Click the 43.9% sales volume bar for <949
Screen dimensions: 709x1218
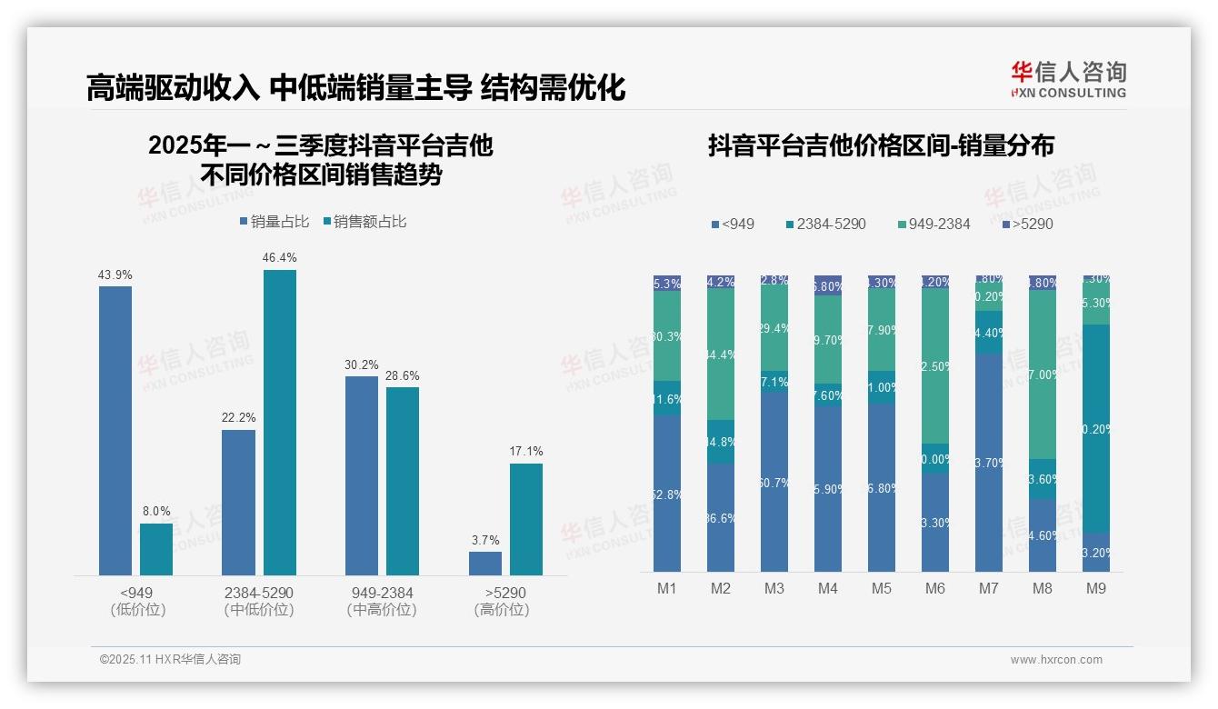(x=115, y=430)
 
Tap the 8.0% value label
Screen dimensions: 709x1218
(x=156, y=512)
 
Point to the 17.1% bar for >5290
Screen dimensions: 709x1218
(x=526, y=519)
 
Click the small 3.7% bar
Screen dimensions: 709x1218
(x=485, y=564)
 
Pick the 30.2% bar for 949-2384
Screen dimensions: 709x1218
(x=362, y=475)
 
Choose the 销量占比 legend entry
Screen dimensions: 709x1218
(x=274, y=222)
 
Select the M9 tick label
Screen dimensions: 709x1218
(x=1096, y=589)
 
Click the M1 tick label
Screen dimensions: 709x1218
(x=667, y=589)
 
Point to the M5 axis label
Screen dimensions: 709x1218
(x=882, y=589)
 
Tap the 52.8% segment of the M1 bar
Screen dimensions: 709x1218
(x=667, y=494)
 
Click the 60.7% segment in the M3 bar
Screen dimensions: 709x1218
(x=774, y=482)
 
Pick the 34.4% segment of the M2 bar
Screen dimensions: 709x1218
(x=721, y=355)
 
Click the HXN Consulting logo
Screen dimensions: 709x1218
(x=1068, y=79)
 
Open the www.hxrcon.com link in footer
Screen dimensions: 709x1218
(x=1056, y=660)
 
